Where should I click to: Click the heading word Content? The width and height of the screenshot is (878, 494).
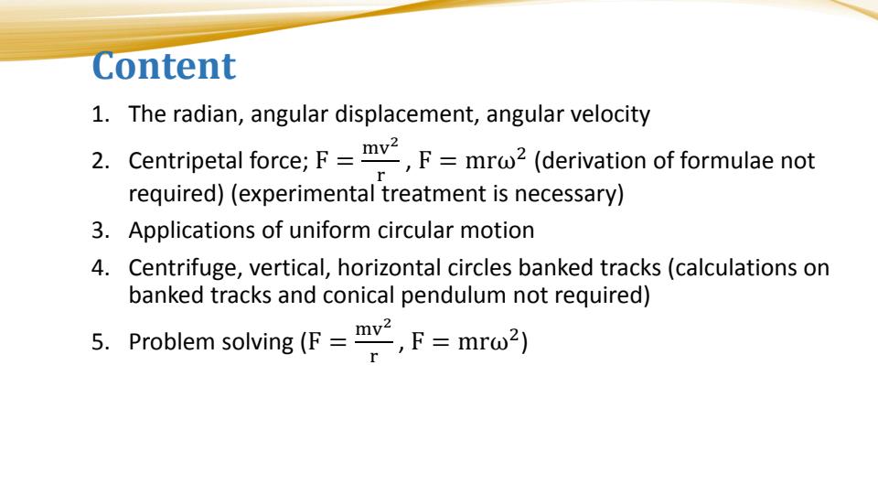[x=165, y=67]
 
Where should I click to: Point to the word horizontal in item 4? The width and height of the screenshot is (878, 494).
[x=368, y=272]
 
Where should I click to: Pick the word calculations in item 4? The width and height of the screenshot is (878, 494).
[x=742, y=272]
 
